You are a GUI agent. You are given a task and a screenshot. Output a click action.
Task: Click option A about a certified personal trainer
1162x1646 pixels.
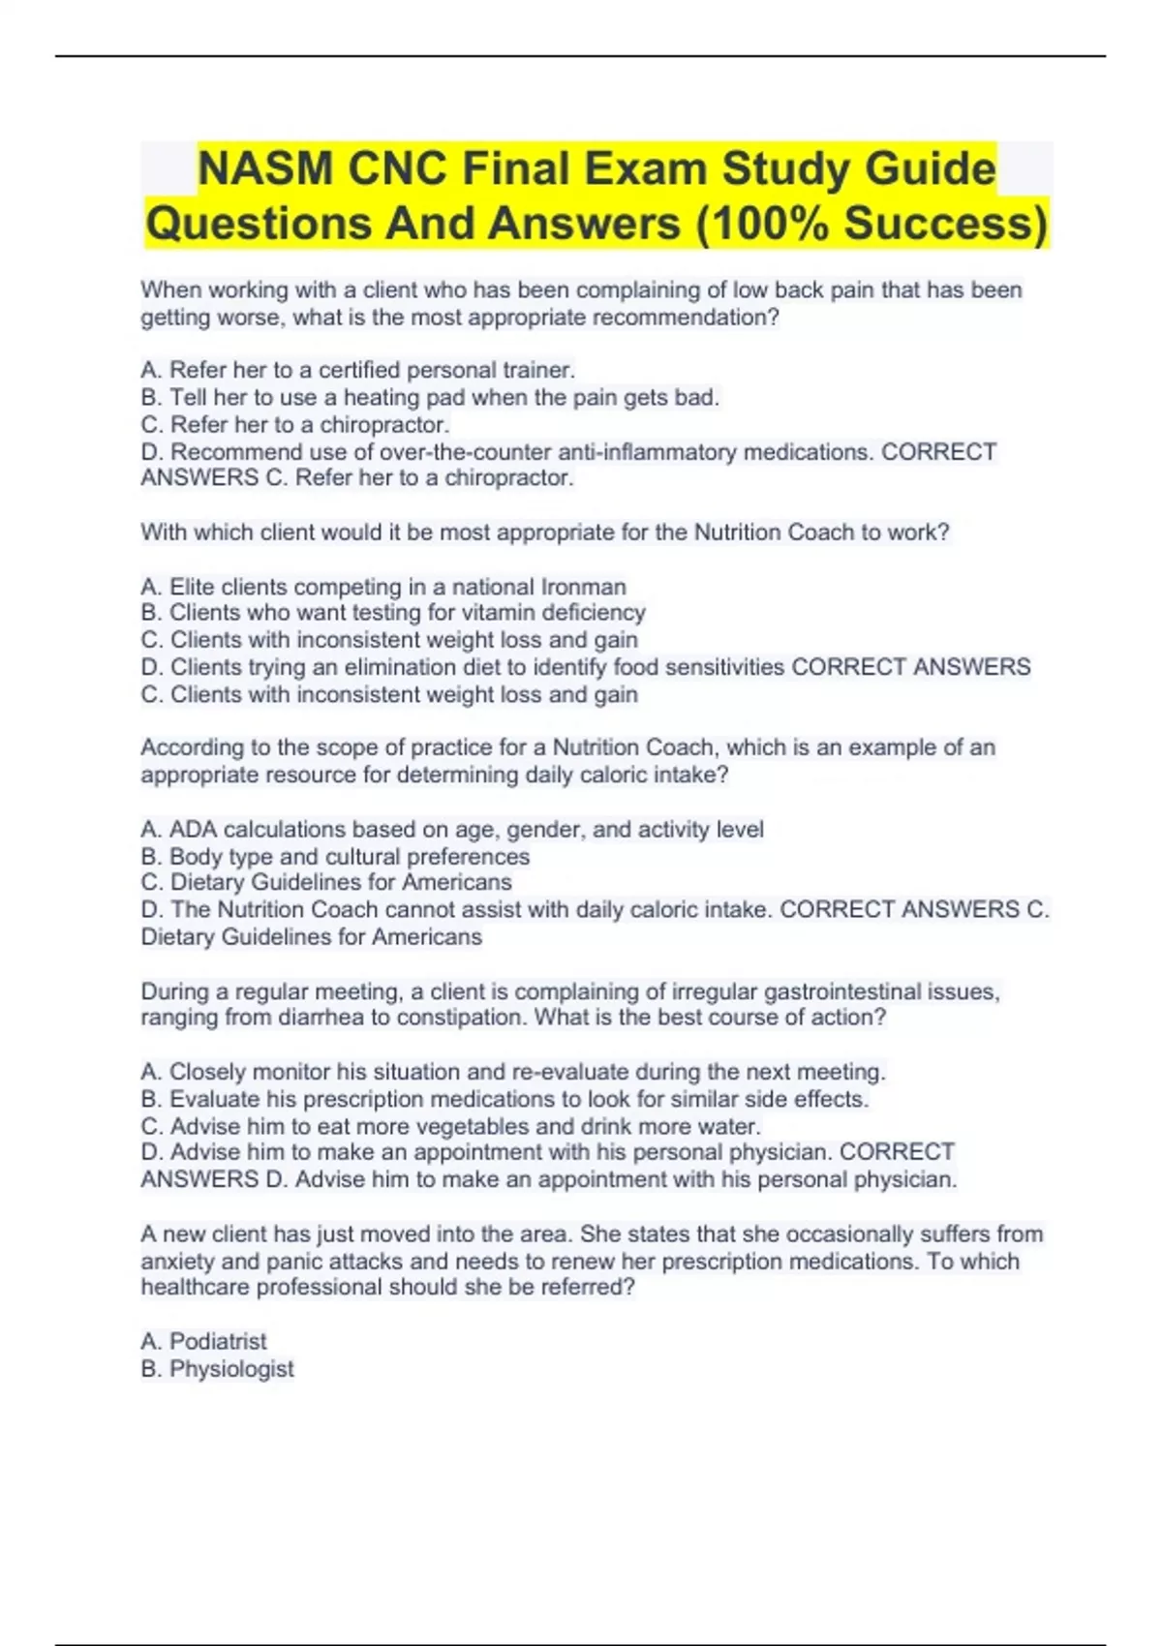click(x=358, y=370)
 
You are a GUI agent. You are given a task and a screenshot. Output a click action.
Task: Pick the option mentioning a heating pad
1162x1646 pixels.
click(x=430, y=397)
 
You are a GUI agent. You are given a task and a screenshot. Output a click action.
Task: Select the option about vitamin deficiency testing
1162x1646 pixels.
click(x=393, y=613)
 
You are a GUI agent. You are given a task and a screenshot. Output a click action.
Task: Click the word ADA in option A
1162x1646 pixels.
click(x=193, y=830)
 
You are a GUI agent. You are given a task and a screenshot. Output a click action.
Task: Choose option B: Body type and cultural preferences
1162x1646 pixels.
click(x=335, y=857)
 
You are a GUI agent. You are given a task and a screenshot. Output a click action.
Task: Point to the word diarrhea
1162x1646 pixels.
click(x=321, y=1018)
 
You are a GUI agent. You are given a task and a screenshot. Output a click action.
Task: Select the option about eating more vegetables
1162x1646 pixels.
click(x=451, y=1126)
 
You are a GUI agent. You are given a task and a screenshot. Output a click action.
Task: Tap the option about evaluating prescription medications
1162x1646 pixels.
click(x=505, y=1099)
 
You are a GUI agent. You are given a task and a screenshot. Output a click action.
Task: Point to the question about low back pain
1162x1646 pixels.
click(x=581, y=303)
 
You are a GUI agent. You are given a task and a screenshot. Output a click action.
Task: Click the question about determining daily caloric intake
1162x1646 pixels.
click(x=567, y=761)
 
